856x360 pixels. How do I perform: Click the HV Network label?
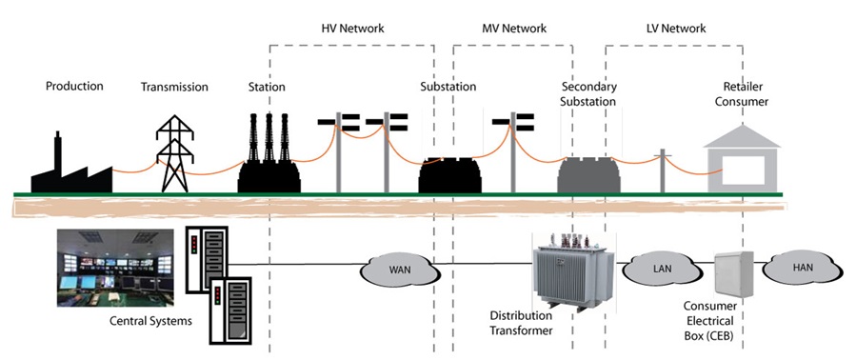coord(352,29)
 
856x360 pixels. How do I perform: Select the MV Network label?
coord(515,29)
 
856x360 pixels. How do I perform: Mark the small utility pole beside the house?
coord(664,169)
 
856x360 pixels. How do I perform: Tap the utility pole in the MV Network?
coord(511,152)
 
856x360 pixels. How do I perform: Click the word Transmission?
coord(174,87)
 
